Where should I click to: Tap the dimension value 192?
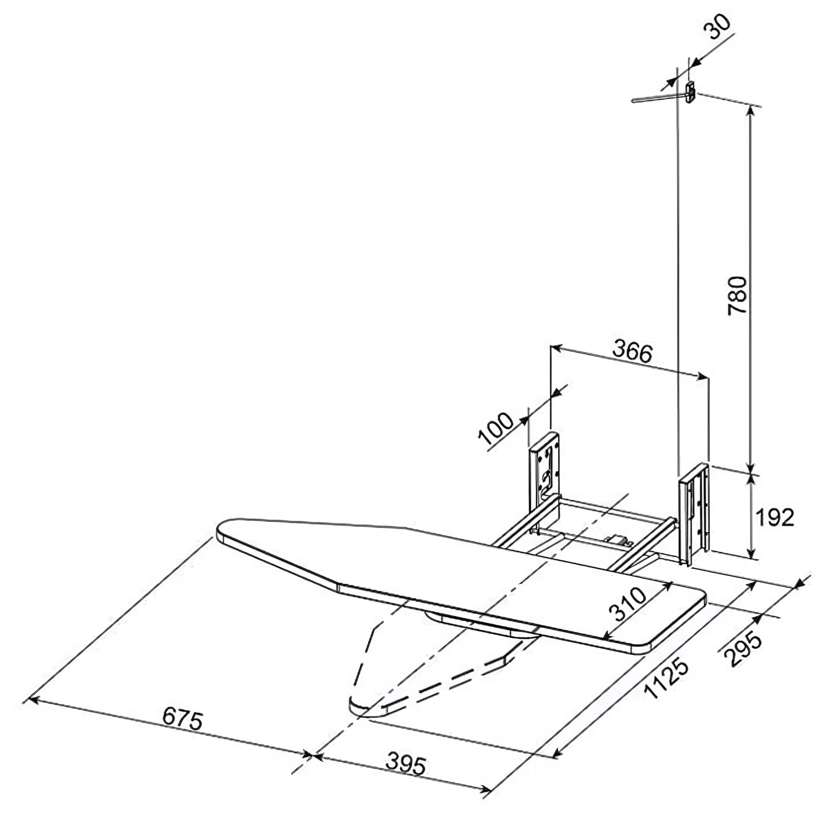[x=775, y=518]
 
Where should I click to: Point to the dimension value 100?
[x=496, y=429]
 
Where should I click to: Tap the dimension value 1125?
[x=667, y=680]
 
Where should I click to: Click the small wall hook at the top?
[x=689, y=91]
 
